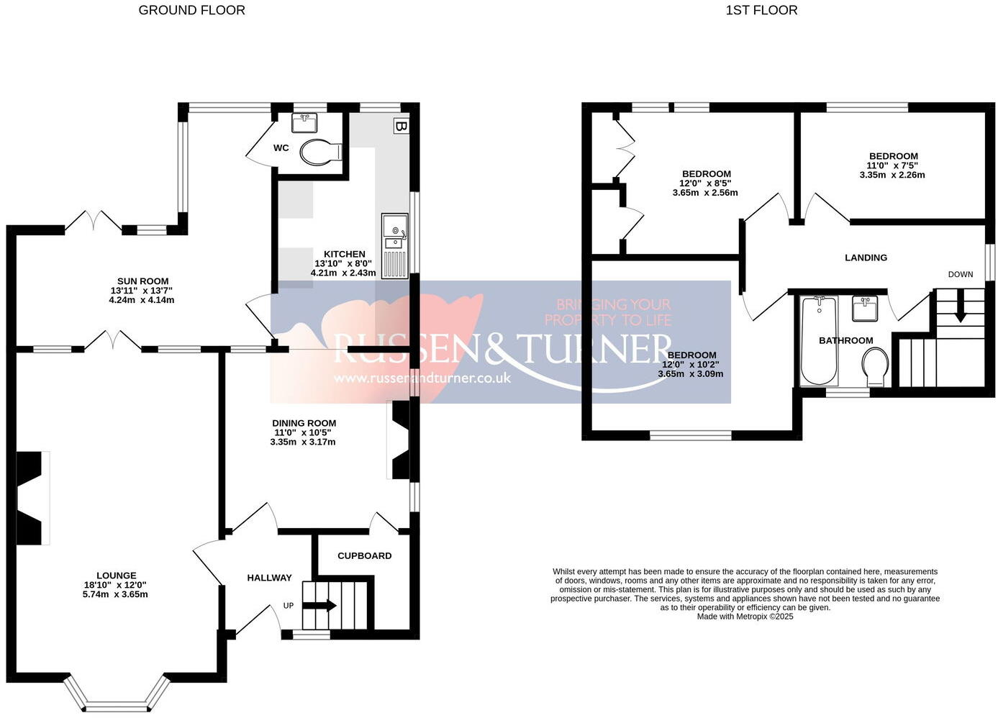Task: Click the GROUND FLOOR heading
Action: tap(191, 10)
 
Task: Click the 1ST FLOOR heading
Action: tap(761, 10)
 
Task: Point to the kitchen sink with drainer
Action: tap(394, 245)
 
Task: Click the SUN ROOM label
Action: tap(142, 281)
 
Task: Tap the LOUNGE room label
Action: tap(116, 576)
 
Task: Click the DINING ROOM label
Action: tap(304, 423)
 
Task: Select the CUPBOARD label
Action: tap(364, 555)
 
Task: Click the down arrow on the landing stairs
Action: tap(960, 312)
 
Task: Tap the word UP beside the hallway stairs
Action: tap(289, 606)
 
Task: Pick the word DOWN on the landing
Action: tap(960, 274)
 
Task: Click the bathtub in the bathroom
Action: tap(820, 340)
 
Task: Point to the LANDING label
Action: tap(866, 258)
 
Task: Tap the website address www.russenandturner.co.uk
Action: tap(422, 378)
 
